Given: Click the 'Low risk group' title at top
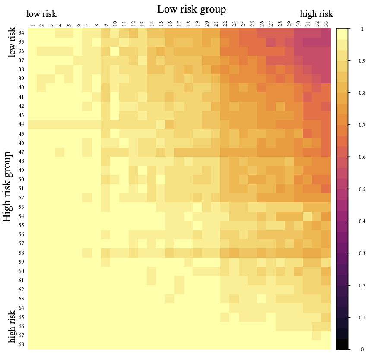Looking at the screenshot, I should pyautogui.click(x=191, y=9).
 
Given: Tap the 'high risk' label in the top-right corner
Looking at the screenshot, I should pyautogui.click(x=317, y=14).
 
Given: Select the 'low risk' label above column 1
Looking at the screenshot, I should pyautogui.click(x=41, y=14).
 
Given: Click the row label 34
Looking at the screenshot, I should pyautogui.click(x=21, y=33).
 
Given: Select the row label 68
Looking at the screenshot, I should pyautogui.click(x=21, y=344).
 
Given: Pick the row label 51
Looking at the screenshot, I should pyautogui.click(x=21, y=189).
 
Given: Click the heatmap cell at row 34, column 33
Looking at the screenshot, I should pyautogui.click(x=326, y=33).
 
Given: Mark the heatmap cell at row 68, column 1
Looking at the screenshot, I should pyautogui.click(x=32, y=344).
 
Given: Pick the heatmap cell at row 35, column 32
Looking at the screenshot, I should pyautogui.click(x=317, y=42).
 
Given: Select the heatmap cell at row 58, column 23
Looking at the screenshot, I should pyautogui.click(x=234, y=253).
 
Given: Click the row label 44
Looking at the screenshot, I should pyautogui.click(x=21, y=124).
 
